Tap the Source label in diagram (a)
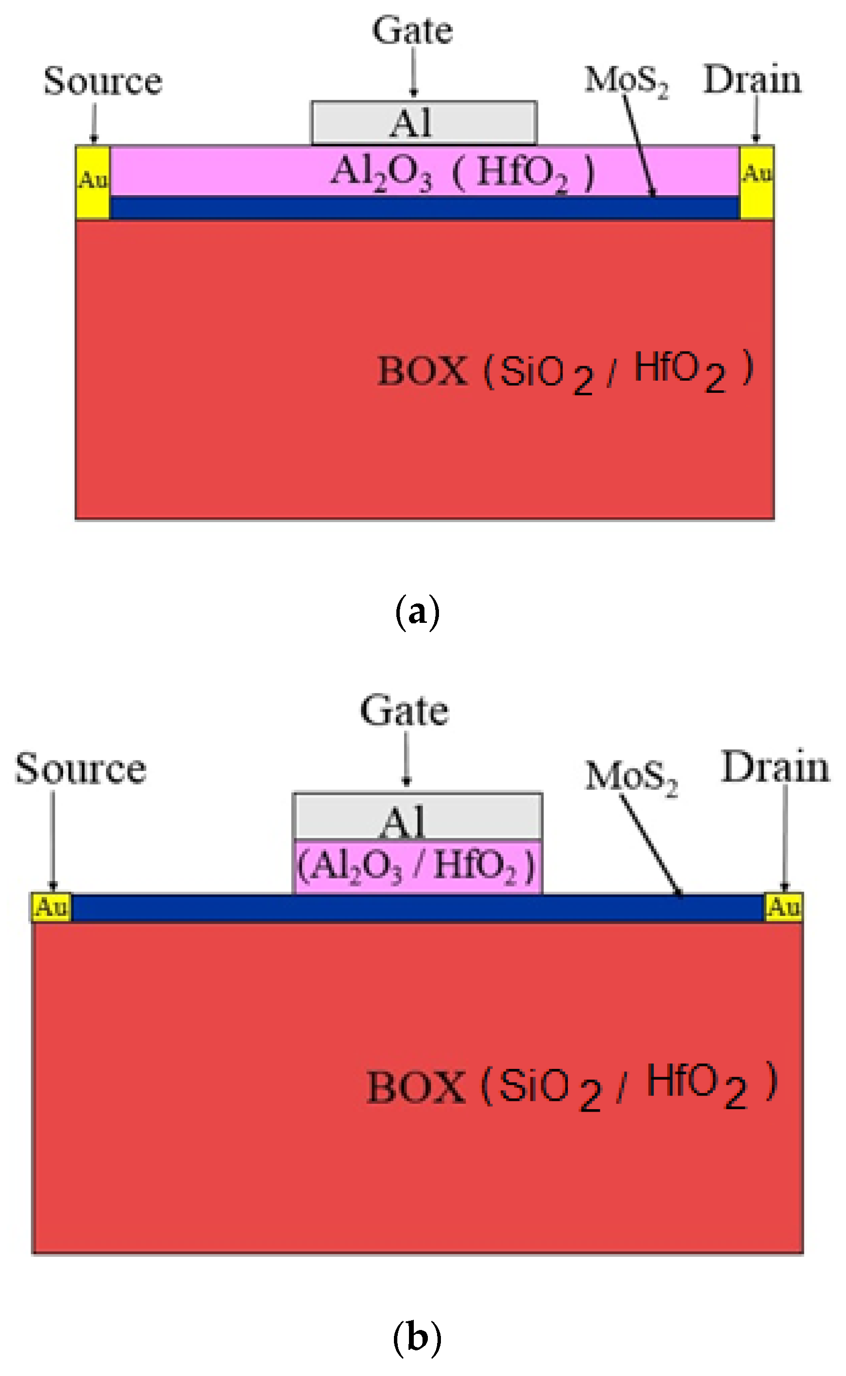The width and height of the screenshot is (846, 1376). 103,82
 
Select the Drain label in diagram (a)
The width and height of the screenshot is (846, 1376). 752,80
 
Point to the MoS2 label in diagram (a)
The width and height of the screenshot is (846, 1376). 626,81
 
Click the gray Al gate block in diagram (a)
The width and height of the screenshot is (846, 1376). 423,123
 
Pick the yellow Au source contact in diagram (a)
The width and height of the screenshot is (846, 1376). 93,182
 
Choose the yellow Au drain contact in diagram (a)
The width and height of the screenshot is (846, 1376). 756,182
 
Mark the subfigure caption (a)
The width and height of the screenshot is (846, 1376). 417,613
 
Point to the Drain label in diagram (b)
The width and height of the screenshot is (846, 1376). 775,767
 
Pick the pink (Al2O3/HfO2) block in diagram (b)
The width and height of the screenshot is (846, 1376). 417,866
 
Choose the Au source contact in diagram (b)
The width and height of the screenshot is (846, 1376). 51,907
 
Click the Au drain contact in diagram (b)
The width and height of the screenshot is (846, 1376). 783,907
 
